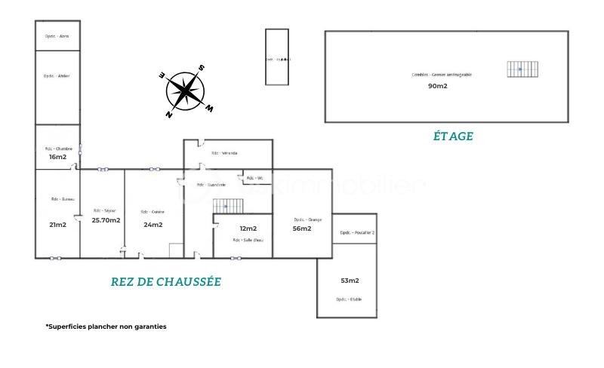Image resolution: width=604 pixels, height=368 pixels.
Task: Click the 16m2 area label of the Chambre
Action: pyautogui.click(x=57, y=157)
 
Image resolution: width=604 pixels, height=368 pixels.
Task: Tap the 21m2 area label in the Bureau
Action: pyautogui.click(x=57, y=225)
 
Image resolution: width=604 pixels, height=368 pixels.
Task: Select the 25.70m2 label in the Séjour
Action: pyautogui.click(x=106, y=220)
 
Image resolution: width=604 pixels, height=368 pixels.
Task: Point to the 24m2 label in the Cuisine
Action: pyautogui.click(x=153, y=225)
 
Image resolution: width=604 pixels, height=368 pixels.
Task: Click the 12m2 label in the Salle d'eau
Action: pyautogui.click(x=248, y=228)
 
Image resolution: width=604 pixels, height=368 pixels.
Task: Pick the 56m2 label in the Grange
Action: pyautogui.click(x=302, y=228)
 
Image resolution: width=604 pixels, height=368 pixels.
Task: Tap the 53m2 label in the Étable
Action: pyautogui.click(x=349, y=281)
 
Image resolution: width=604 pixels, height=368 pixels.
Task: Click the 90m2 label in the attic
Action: pyautogui.click(x=438, y=86)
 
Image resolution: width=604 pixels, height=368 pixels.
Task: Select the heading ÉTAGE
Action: pyautogui.click(x=453, y=136)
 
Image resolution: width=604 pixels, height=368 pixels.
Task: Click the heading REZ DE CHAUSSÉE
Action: pyautogui.click(x=166, y=282)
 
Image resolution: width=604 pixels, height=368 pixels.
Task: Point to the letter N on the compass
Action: pyautogui.click(x=169, y=115)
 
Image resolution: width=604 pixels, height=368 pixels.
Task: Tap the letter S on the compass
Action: pyautogui.click(x=202, y=68)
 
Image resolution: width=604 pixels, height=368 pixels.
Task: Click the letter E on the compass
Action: pyautogui.click(x=162, y=75)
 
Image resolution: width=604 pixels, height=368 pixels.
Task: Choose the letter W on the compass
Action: pyautogui.click(x=209, y=109)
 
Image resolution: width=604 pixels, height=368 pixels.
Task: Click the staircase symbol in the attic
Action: pyautogui.click(x=519, y=69)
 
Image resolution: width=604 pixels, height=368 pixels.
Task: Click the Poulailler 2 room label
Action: pyautogui.click(x=357, y=233)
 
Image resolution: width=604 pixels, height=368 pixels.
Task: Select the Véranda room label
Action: pyautogui.click(x=224, y=153)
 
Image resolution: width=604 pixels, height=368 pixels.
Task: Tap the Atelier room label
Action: pyautogui.click(x=57, y=75)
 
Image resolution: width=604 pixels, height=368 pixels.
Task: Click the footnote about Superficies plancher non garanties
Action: pyautogui.click(x=106, y=327)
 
